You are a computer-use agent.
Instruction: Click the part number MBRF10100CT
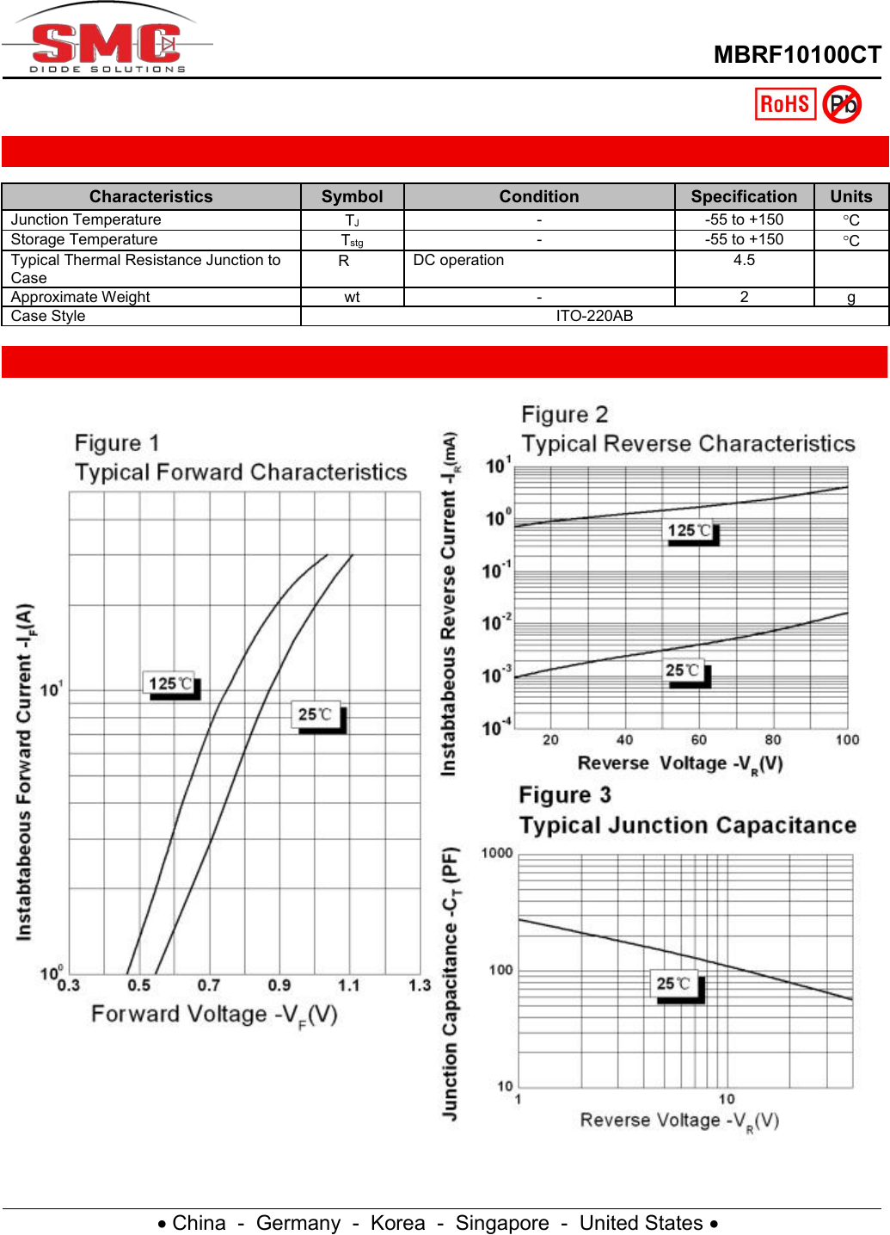pyautogui.click(x=797, y=55)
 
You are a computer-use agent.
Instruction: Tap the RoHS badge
pyautogui.click(x=785, y=104)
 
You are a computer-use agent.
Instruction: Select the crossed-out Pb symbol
pyautogui.click(x=842, y=104)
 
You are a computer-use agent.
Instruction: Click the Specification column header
pyautogui.click(x=744, y=196)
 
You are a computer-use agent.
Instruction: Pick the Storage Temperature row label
pyautogui.click(x=84, y=239)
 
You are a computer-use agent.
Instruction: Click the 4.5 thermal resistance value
pyautogui.click(x=744, y=260)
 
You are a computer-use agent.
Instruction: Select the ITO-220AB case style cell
pyautogui.click(x=594, y=316)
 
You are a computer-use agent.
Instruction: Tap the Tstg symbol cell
pyautogui.click(x=352, y=240)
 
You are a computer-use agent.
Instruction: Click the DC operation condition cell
pyautogui.click(x=458, y=260)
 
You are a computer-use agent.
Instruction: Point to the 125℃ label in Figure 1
pyautogui.click(x=170, y=684)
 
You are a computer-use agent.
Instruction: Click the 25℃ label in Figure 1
pyautogui.click(x=316, y=714)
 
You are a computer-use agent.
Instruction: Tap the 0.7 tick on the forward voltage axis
pyautogui.click(x=209, y=985)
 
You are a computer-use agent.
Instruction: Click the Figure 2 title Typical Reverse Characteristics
pyautogui.click(x=688, y=443)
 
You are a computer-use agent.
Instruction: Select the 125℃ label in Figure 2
pyautogui.click(x=690, y=531)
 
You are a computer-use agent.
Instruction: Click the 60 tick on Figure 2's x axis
pyautogui.click(x=699, y=739)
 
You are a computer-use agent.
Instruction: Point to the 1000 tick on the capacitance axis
pyautogui.click(x=497, y=853)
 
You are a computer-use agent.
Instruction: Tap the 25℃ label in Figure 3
pyautogui.click(x=674, y=984)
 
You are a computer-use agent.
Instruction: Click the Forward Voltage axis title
pyautogui.click(x=214, y=1015)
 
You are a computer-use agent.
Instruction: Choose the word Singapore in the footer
pyautogui.click(x=502, y=1223)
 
